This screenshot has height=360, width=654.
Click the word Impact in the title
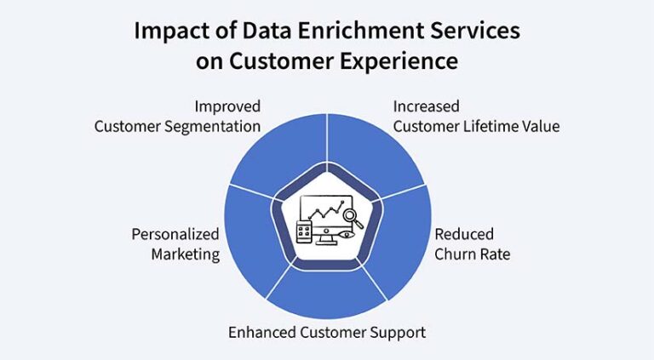click(x=167, y=31)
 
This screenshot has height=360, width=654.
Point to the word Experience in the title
click(x=401, y=62)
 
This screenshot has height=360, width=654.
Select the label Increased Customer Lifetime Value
click(x=475, y=117)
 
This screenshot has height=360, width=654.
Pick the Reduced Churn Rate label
click(x=472, y=244)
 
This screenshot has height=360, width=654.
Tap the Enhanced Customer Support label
click(x=327, y=332)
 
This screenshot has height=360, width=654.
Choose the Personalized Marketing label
click(x=175, y=244)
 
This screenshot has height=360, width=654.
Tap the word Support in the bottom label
click(x=399, y=332)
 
